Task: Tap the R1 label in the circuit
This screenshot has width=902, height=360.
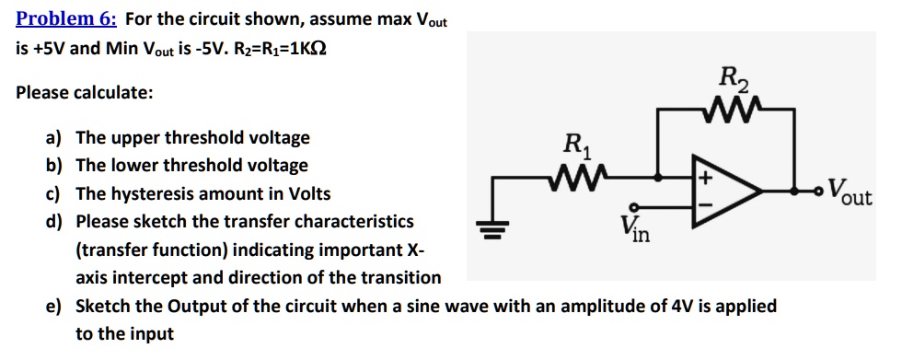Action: pyautogui.click(x=577, y=145)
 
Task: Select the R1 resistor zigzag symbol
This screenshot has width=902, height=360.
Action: pyautogui.click(x=578, y=175)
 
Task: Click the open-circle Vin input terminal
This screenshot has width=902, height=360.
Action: pyautogui.click(x=634, y=208)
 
